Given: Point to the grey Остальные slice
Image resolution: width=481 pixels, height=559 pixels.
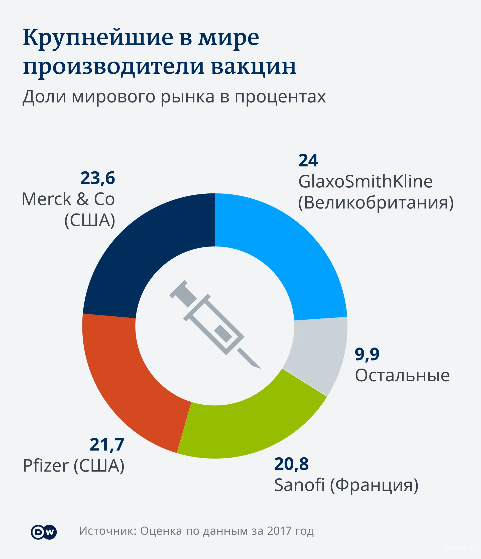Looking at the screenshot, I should [x=318, y=354].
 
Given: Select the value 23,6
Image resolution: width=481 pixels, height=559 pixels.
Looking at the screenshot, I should [x=98, y=178].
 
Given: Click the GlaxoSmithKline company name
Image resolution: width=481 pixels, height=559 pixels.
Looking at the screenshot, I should [x=365, y=181].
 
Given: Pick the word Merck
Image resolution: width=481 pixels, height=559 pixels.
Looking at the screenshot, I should [x=46, y=199].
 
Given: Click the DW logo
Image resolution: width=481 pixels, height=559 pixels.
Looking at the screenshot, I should [x=44, y=532].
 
